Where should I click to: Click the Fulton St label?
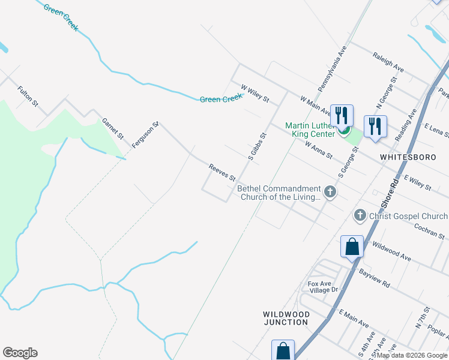(x=28, y=97)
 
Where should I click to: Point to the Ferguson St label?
(x=145, y=134)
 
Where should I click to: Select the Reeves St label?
(x=221, y=173)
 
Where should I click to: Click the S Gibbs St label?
(x=257, y=146)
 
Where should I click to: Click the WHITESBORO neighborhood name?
(x=406, y=157)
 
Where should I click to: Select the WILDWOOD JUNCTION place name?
(x=286, y=318)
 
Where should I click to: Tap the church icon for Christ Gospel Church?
(x=360, y=215)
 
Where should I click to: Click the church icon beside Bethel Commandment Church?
(x=330, y=192)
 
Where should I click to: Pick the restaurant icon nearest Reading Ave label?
(x=375, y=127)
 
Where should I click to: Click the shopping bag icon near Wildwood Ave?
(x=352, y=247)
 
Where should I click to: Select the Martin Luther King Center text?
(x=308, y=130)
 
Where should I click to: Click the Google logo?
(x=20, y=353)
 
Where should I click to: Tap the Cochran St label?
(x=429, y=232)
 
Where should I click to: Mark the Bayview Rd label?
(x=375, y=277)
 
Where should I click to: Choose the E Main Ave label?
(x=354, y=318)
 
